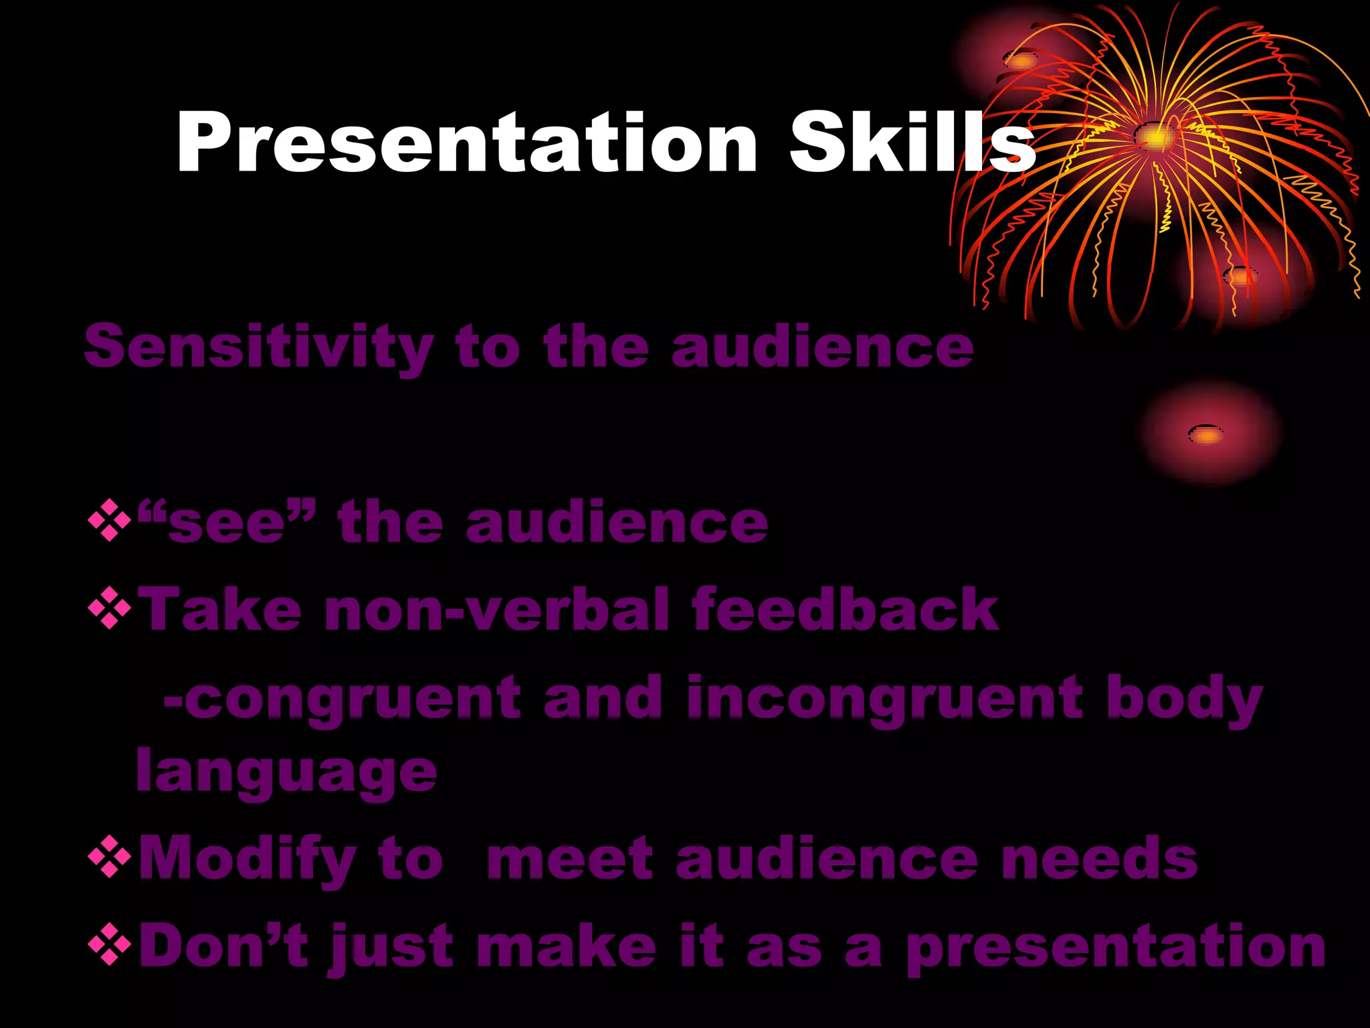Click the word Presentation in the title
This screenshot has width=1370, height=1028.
click(466, 144)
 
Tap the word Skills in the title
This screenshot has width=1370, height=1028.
click(911, 144)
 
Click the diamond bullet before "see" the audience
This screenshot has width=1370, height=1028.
click(109, 521)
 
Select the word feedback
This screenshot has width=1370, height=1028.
click(845, 609)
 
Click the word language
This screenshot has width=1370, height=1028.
click(286, 772)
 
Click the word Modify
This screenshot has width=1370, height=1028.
click(248, 859)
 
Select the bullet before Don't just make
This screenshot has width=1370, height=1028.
click(109, 945)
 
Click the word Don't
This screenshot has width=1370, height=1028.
click(223, 945)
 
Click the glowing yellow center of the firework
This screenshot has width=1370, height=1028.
click(1155, 138)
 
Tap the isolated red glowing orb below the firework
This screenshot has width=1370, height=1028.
click(1207, 434)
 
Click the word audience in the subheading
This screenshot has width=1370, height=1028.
click(822, 347)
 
